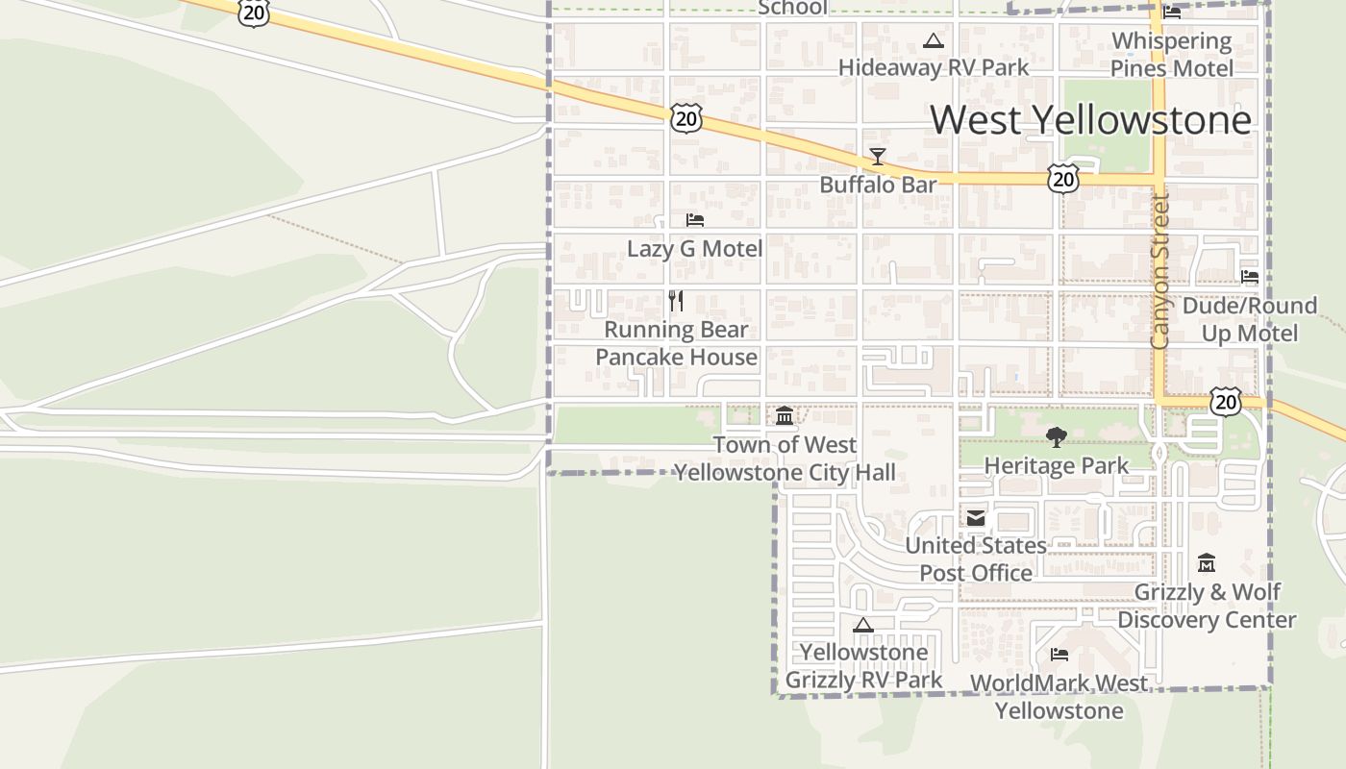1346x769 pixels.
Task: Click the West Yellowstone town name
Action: click(1090, 119)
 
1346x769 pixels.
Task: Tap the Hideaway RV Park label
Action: click(933, 67)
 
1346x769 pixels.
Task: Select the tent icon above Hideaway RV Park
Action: click(933, 41)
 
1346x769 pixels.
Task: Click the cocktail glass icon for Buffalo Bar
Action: click(877, 157)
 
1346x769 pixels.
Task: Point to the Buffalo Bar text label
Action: click(877, 185)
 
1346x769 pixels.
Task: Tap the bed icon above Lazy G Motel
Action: click(694, 220)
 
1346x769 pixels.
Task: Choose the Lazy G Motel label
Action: click(694, 249)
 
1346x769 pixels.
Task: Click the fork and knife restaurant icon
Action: click(676, 301)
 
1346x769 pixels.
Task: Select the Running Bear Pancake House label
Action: click(676, 343)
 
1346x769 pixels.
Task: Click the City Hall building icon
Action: click(785, 416)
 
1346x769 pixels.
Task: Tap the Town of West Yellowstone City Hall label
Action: click(785, 459)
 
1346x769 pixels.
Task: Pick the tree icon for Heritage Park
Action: click(1056, 437)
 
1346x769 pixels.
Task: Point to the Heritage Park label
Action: click(1056, 466)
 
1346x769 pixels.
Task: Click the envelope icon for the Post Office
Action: click(976, 518)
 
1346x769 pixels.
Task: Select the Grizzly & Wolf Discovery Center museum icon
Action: click(1207, 563)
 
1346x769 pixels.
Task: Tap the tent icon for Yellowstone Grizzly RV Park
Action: click(863, 625)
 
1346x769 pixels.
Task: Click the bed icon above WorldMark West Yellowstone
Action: click(1059, 655)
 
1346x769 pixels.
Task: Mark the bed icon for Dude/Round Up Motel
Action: click(1249, 277)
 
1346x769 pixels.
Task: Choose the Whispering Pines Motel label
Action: click(1171, 55)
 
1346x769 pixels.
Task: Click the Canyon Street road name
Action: click(1159, 272)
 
